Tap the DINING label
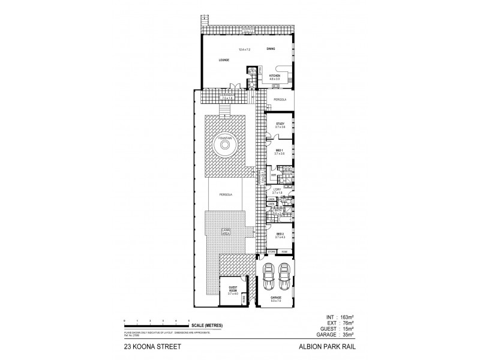pyautogui.click(x=271, y=50)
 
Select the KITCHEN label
pyautogui.click(x=275, y=76)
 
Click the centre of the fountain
pyautogui.click(x=224, y=146)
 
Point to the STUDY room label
pyautogui.click(x=280, y=124)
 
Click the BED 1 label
pyautogui.click(x=280, y=151)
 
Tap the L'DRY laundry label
pyautogui.click(x=277, y=190)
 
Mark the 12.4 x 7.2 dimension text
pyautogui.click(x=244, y=50)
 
